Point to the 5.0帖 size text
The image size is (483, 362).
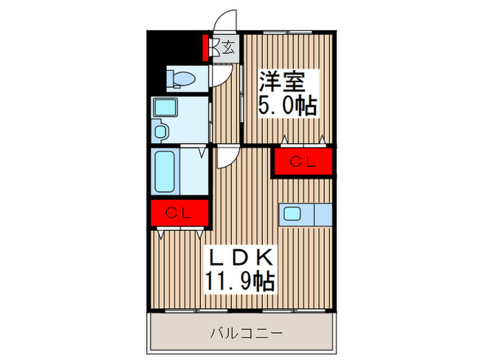(x=287, y=105)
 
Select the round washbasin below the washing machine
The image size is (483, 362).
(x=160, y=130)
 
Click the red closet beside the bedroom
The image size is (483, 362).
(x=303, y=163)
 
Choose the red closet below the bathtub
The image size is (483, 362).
(x=179, y=213)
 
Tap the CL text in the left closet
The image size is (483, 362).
(x=179, y=213)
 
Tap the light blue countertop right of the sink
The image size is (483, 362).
(x=323, y=214)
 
